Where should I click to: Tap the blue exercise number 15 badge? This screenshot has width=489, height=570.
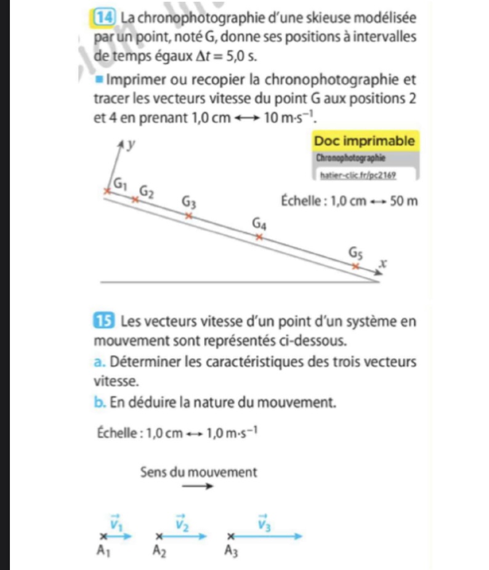[101, 321]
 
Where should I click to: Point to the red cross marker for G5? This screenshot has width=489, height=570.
[355, 265]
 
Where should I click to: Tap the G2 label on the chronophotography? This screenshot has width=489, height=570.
[147, 190]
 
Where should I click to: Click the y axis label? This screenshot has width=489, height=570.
[131, 145]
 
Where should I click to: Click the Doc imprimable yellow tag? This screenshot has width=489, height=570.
[365, 141]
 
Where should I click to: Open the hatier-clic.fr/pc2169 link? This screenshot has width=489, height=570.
[357, 175]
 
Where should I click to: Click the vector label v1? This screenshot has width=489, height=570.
[115, 523]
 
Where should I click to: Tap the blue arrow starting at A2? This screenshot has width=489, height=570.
[183, 536]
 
